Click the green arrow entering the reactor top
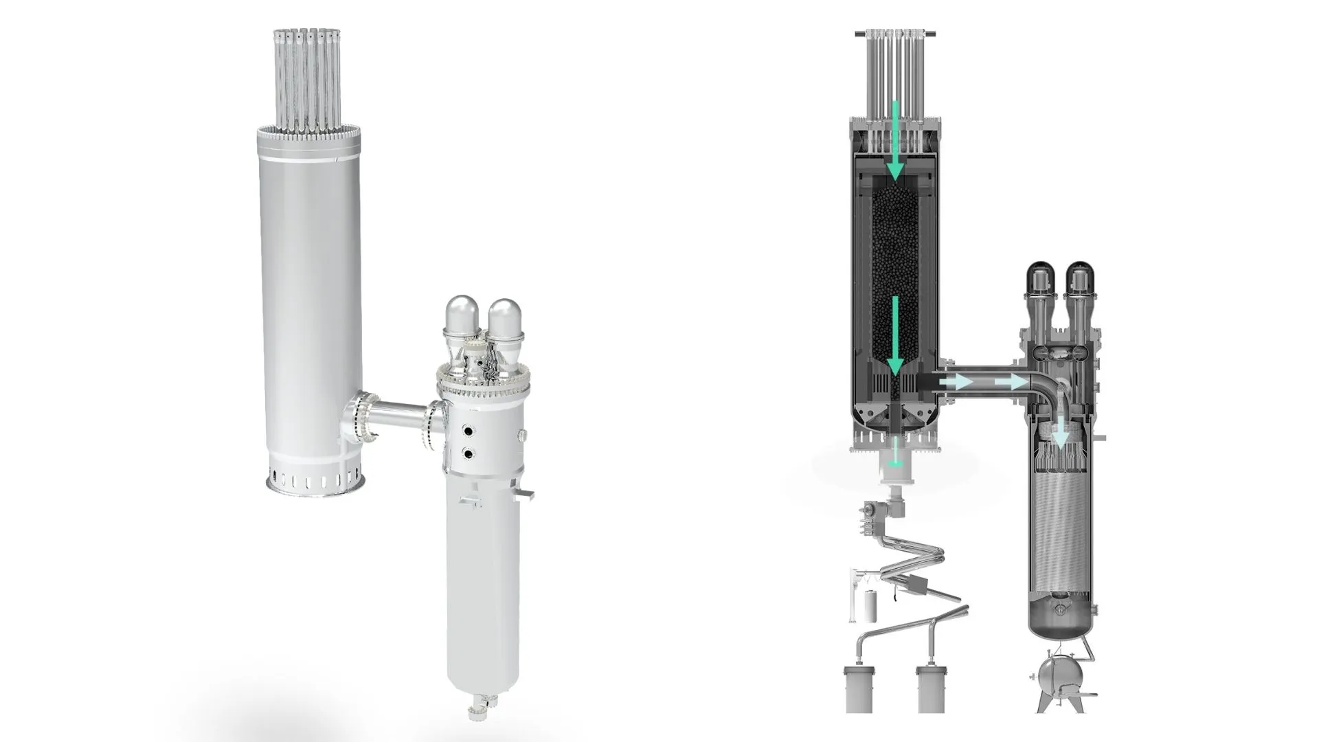click(x=895, y=141)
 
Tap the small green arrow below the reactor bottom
click(x=894, y=457)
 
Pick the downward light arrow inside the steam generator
click(x=1062, y=430)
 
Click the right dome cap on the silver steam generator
click(x=505, y=318)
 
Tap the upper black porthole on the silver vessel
click(x=469, y=431)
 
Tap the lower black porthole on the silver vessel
click(x=469, y=453)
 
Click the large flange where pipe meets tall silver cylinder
click(x=359, y=420)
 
